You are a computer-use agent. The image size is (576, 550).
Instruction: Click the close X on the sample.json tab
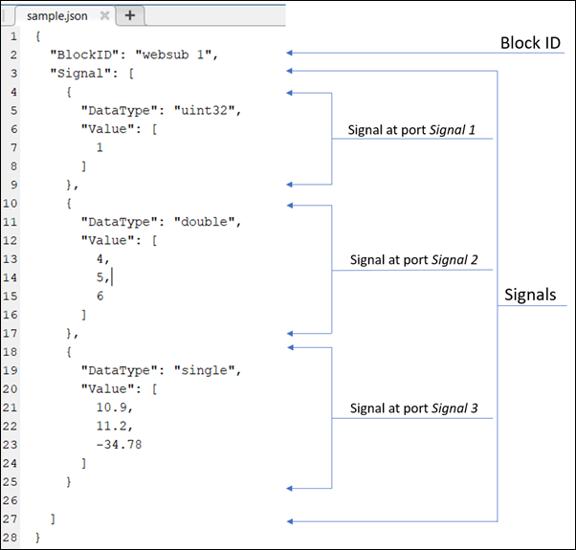pyautogui.click(x=104, y=15)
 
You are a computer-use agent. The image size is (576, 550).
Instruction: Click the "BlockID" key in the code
pyautogui.click(x=81, y=54)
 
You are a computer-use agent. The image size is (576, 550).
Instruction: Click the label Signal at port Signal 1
pyautogui.click(x=411, y=128)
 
